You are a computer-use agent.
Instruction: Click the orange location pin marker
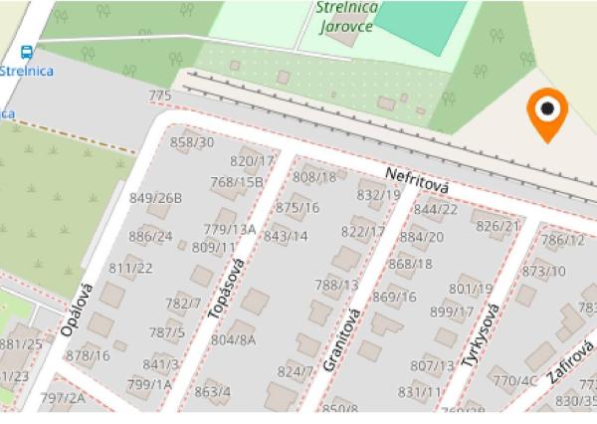click(x=546, y=111)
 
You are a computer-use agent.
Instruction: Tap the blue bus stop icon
click(x=25, y=53)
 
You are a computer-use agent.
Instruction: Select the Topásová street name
click(x=226, y=290)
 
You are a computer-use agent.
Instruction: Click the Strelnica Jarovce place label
click(x=345, y=16)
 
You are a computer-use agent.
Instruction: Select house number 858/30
click(x=192, y=142)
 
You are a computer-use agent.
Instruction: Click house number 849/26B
click(x=155, y=197)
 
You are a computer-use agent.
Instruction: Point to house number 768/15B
click(x=236, y=181)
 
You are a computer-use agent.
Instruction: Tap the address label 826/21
click(x=497, y=226)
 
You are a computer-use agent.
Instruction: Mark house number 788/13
click(x=336, y=285)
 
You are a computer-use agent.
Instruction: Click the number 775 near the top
click(x=159, y=96)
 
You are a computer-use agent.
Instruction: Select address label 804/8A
click(x=233, y=339)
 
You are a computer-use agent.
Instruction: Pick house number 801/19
click(x=471, y=289)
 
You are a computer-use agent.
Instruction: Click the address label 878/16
click(x=88, y=355)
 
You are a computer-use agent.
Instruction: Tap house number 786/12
click(x=562, y=240)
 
